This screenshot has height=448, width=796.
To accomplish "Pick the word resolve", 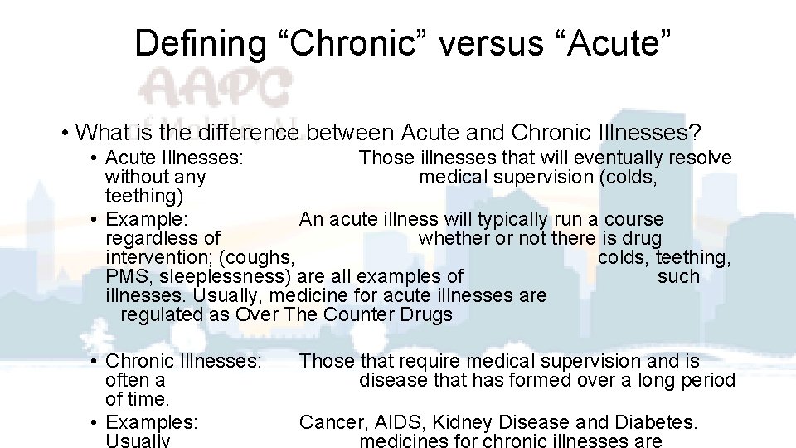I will coord(701,158).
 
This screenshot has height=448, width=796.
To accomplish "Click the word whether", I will coord(453,238).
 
